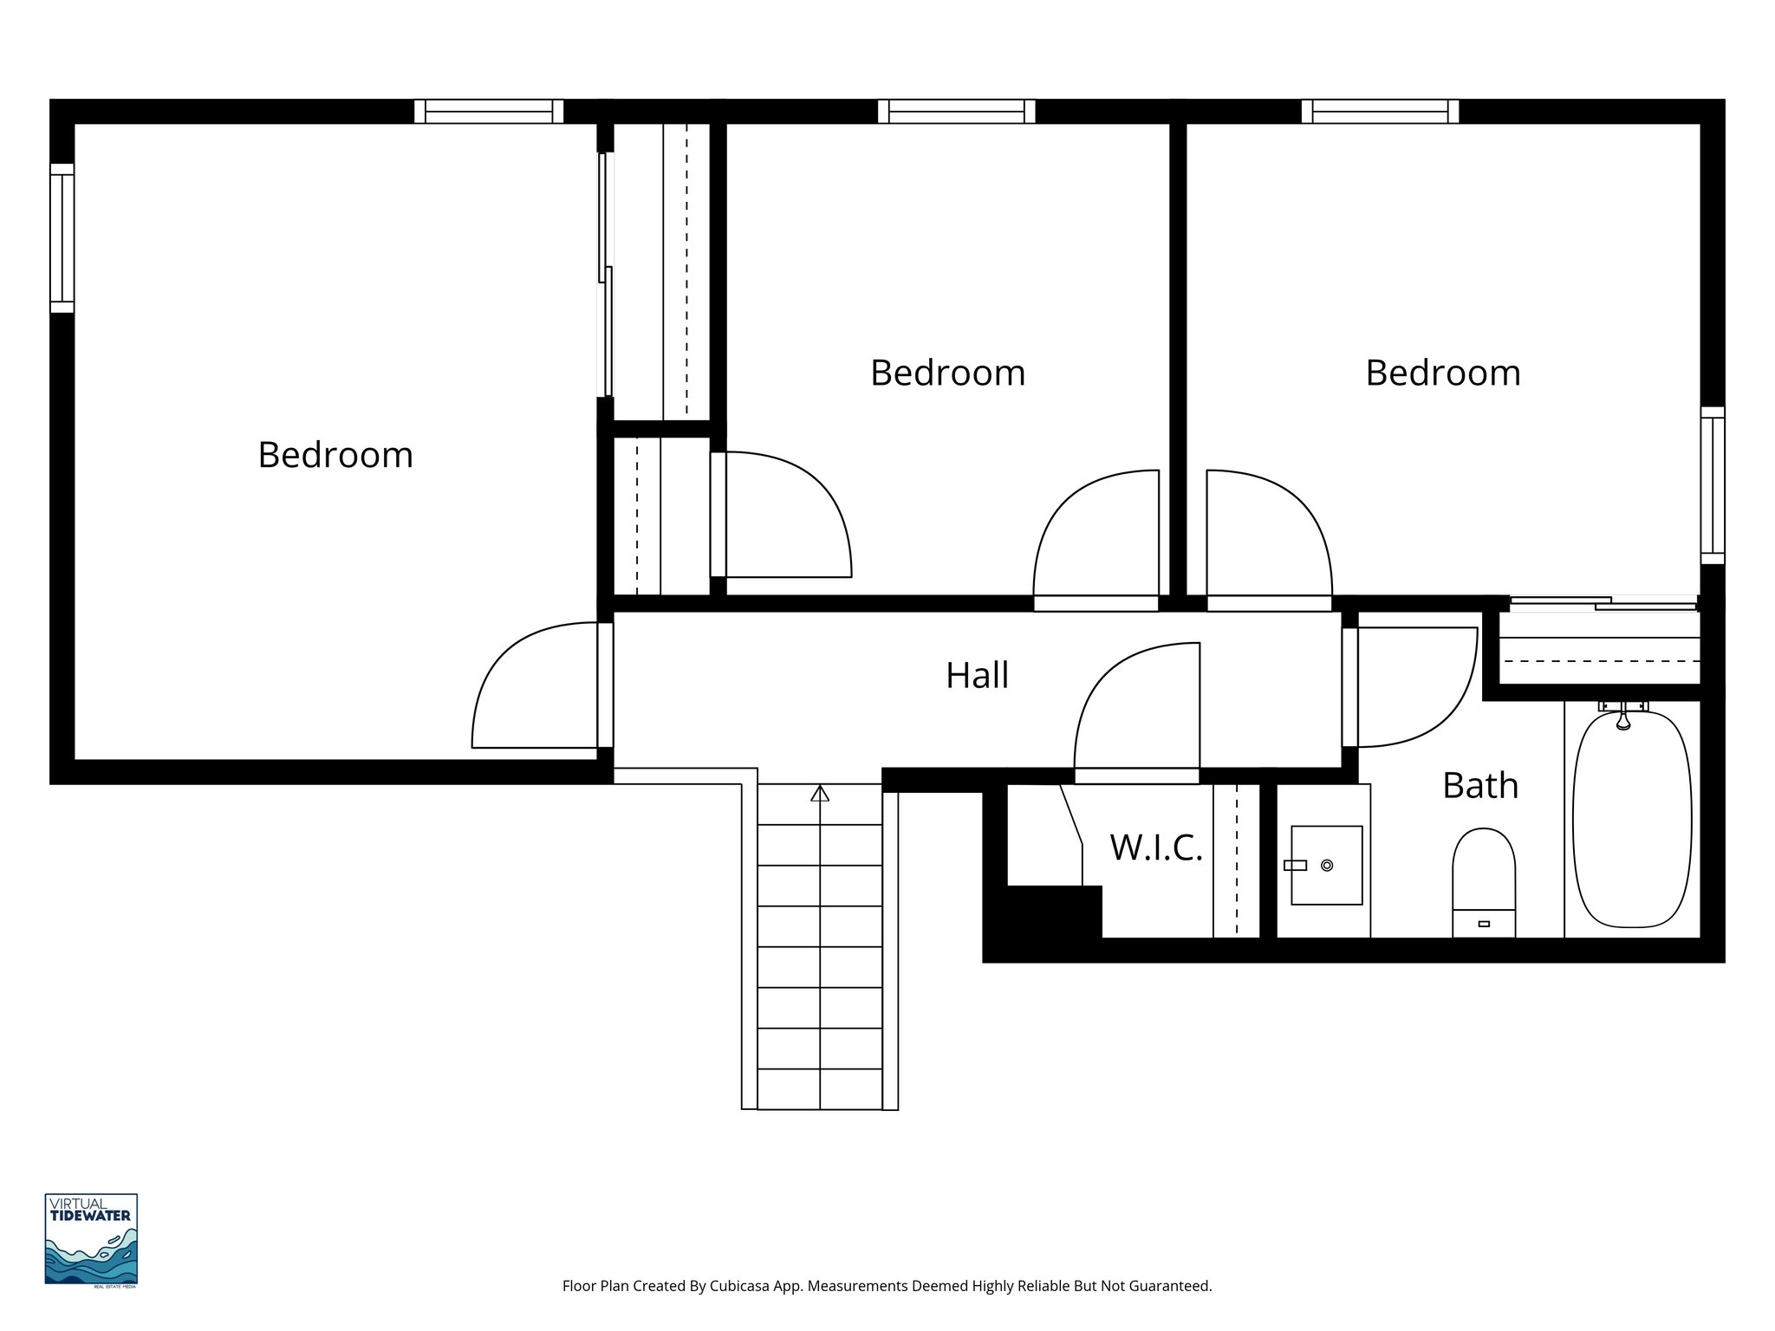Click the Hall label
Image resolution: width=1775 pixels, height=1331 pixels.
click(977, 676)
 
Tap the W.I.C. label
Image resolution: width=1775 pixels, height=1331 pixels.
click(1156, 848)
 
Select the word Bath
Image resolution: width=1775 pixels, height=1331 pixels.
click(1479, 786)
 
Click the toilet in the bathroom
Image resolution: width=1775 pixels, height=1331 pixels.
click(1484, 880)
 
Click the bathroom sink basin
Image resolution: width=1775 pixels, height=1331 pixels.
click(1326, 865)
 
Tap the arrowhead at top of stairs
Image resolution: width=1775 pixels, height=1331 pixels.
click(820, 793)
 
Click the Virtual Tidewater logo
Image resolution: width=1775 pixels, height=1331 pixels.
click(91, 1239)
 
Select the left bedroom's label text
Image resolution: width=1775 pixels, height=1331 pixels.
click(335, 456)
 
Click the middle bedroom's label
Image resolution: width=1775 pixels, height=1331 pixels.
click(947, 373)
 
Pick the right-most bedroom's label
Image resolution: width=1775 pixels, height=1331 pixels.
click(1442, 373)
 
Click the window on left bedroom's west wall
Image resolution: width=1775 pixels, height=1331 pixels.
click(62, 237)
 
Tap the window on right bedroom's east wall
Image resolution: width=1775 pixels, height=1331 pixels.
click(1712, 485)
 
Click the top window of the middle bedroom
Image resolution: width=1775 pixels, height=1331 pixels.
click(956, 112)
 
